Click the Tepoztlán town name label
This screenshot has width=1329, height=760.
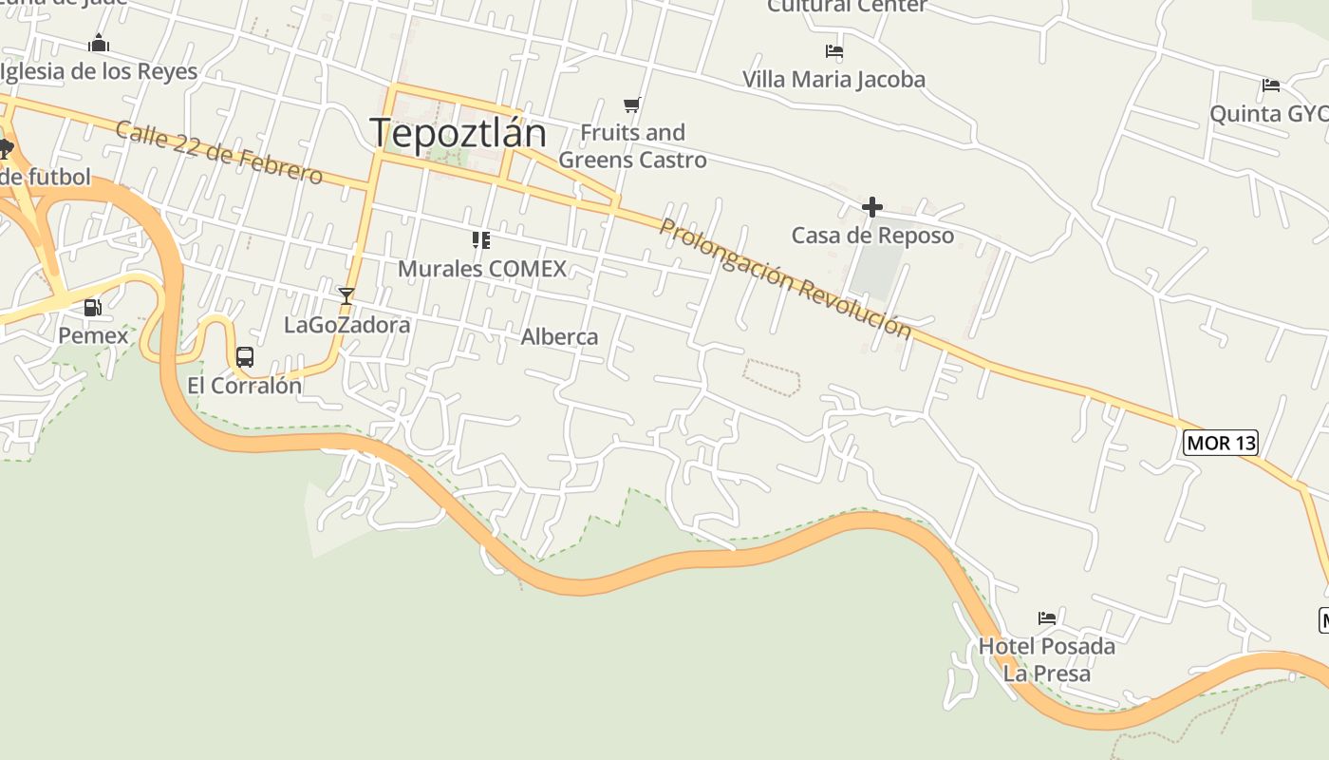click(458, 133)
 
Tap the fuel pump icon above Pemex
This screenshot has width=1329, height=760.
click(93, 308)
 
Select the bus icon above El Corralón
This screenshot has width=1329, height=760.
click(245, 357)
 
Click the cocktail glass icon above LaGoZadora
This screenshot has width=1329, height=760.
click(346, 296)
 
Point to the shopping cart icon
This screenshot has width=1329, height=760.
click(632, 104)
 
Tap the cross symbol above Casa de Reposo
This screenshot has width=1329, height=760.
click(871, 206)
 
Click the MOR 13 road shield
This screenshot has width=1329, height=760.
click(1221, 443)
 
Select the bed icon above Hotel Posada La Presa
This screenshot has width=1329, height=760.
click(1047, 618)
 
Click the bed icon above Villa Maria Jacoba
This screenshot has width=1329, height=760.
click(834, 51)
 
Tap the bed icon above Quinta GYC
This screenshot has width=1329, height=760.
click(1271, 85)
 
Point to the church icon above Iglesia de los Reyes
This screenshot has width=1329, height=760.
click(99, 43)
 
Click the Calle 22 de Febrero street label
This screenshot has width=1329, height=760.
click(219, 152)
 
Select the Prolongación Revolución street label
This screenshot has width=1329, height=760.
click(785, 278)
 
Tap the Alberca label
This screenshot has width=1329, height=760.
click(559, 336)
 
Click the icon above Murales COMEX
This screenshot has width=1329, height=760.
click(481, 240)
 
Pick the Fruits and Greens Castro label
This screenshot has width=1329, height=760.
click(632, 145)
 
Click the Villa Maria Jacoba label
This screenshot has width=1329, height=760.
click(833, 79)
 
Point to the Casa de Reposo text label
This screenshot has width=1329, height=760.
click(872, 235)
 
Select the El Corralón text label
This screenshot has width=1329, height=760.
click(244, 386)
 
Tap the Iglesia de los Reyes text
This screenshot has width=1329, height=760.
click(99, 71)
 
